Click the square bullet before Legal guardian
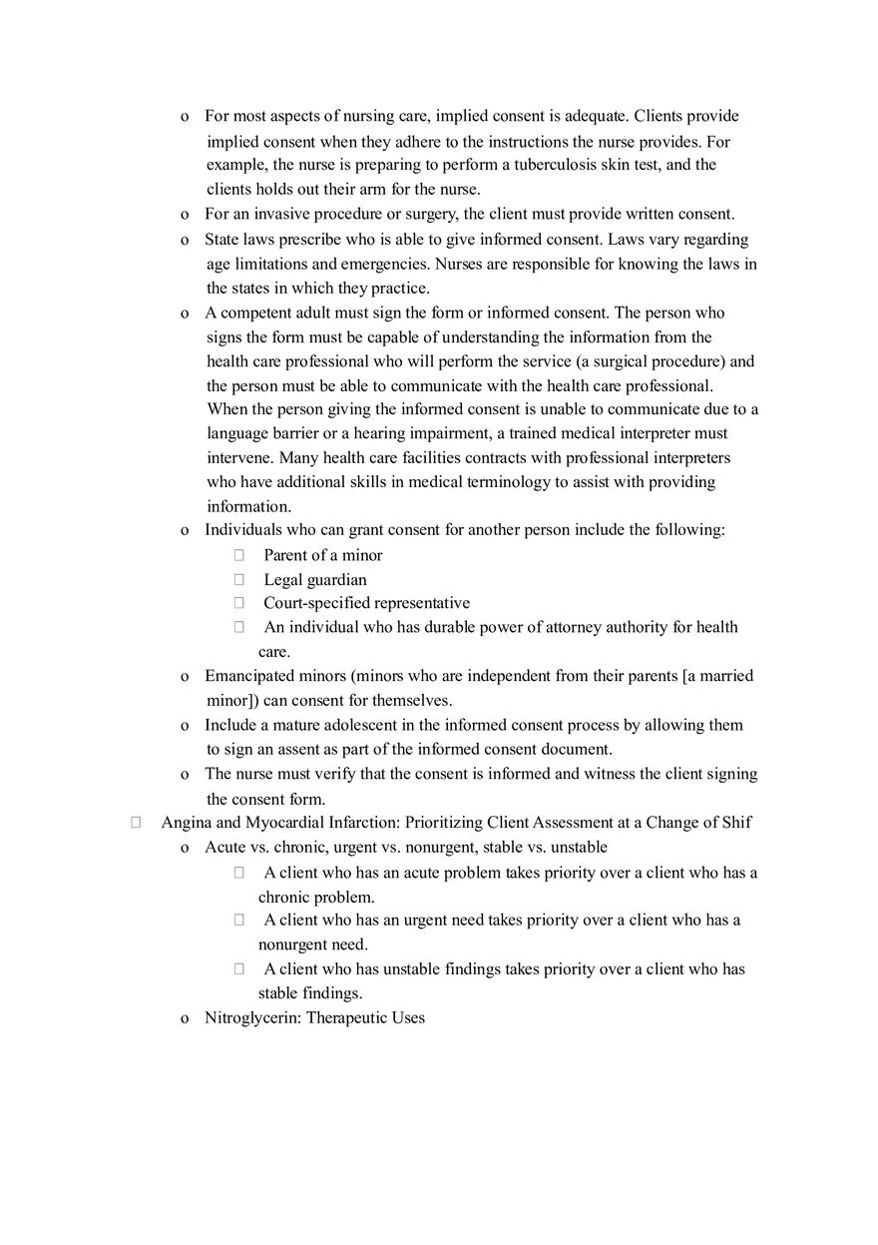[x=239, y=580]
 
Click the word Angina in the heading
[x=185, y=823]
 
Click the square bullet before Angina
[x=136, y=823]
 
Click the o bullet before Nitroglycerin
[x=185, y=1019]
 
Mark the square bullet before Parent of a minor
[x=239, y=555]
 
